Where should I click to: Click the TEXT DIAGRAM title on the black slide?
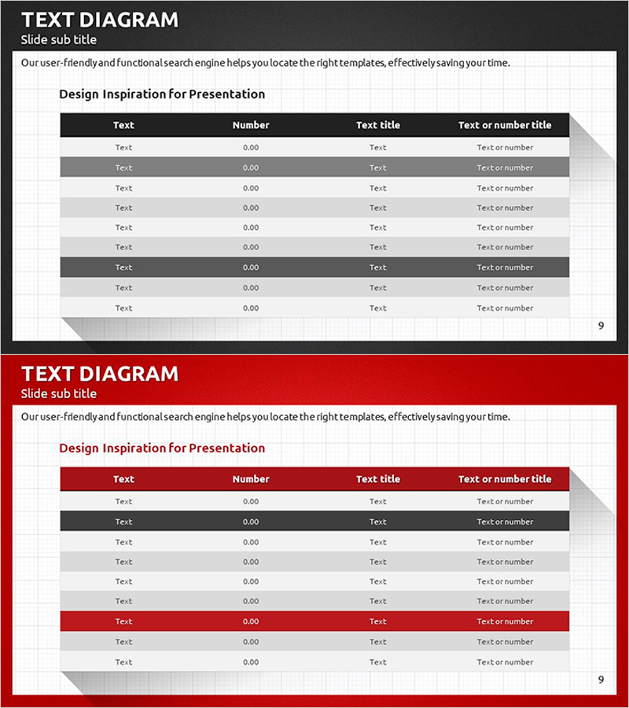(100, 20)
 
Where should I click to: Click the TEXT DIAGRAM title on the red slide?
(100, 374)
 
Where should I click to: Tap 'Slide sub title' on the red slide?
(59, 393)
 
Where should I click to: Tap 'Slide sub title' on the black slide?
(59, 39)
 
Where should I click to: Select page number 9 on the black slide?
(601, 326)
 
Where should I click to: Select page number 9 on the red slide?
(601, 680)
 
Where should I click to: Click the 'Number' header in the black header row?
(251, 125)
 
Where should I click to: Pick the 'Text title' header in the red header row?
(378, 479)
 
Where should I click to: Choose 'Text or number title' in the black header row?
(505, 125)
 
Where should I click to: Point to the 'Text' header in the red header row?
(123, 479)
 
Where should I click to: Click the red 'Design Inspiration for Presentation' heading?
(162, 448)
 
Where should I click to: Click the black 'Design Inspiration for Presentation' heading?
(162, 94)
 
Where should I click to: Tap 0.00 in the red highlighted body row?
(251, 621)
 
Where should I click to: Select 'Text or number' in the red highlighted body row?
(505, 621)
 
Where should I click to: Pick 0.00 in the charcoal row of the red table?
(251, 522)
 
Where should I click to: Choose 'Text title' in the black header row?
(378, 125)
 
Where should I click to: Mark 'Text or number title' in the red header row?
(505, 479)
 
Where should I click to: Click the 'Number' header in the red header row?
(251, 479)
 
